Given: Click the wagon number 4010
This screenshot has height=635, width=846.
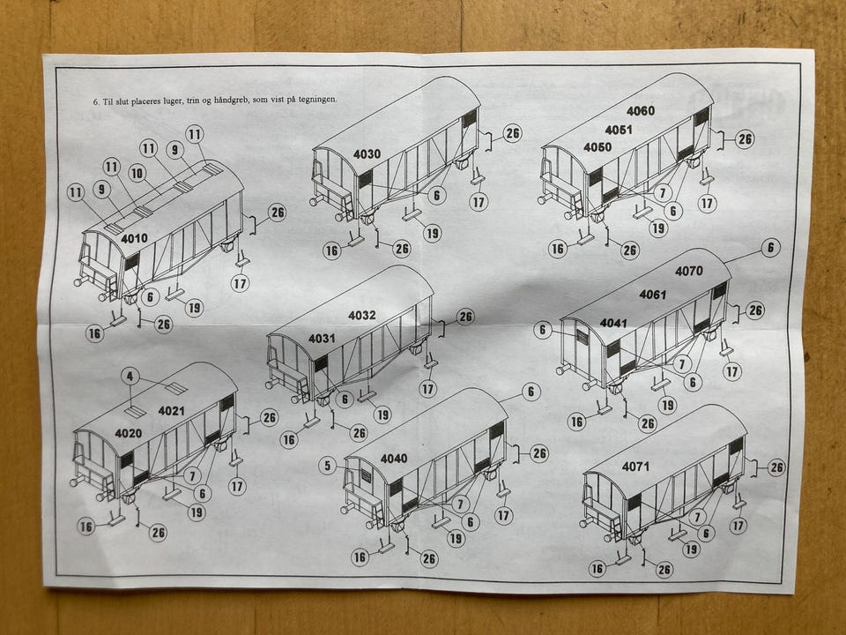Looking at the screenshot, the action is [134, 238].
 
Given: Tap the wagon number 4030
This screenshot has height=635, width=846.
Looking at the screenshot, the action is [367, 154].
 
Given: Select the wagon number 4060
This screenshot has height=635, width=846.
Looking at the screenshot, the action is [641, 111].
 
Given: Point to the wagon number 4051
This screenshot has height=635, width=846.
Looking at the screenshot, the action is [619, 130].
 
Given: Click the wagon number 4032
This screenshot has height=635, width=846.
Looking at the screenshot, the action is [362, 316].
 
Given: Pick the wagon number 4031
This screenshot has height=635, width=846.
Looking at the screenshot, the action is [322, 339].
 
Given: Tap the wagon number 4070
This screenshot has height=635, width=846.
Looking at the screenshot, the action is [689, 271].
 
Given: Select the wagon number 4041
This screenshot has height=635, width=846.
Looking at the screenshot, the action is [613, 323].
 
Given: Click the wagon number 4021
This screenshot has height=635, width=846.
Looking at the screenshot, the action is [171, 411].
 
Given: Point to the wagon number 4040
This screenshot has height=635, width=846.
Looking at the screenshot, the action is [394, 459].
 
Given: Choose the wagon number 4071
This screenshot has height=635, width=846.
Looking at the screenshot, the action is [635, 467].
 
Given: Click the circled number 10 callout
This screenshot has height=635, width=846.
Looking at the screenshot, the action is [137, 174].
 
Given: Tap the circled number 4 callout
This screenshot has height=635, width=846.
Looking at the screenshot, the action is [130, 377].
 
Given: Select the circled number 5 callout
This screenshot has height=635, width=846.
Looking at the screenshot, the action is [328, 465].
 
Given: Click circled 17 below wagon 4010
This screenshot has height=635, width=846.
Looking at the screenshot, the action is [241, 283].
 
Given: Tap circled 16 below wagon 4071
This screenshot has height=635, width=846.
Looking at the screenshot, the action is [597, 568].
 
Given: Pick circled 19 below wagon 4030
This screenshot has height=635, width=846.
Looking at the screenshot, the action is [432, 233].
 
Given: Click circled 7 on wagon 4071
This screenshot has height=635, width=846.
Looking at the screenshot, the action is [697, 516].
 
